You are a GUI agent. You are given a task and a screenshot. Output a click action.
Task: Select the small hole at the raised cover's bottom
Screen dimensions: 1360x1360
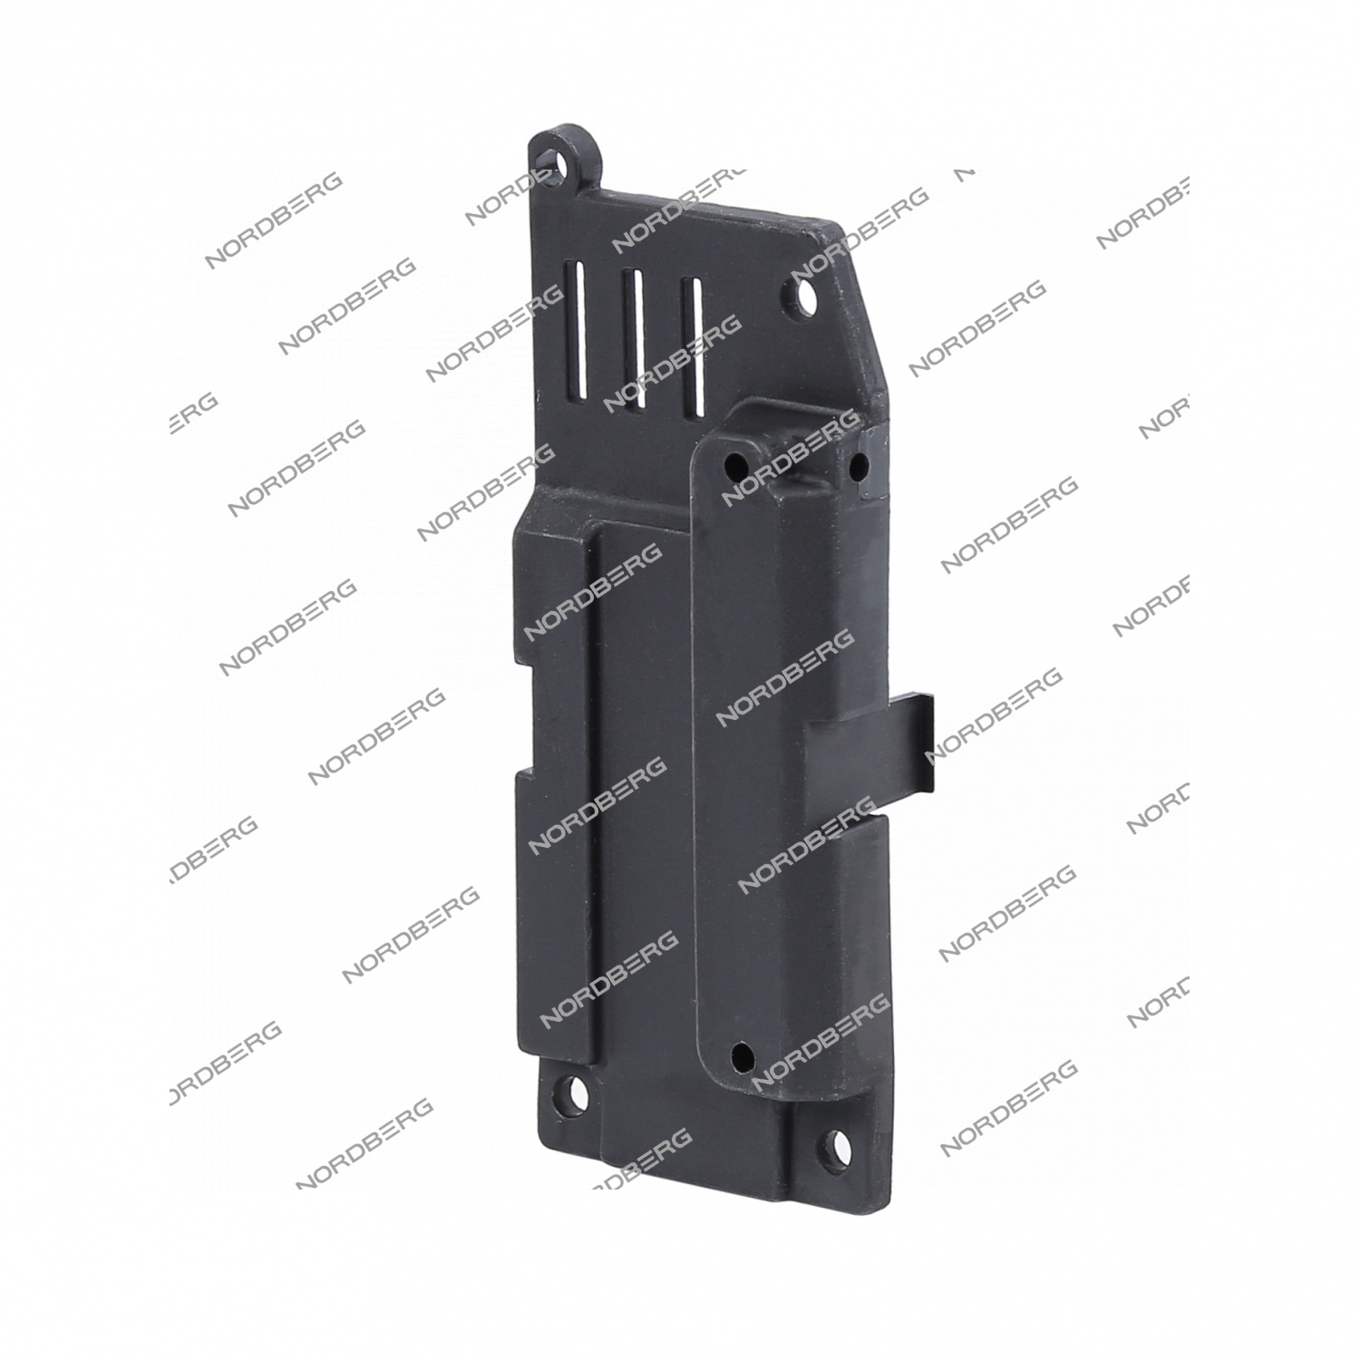(x=743, y=1054)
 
